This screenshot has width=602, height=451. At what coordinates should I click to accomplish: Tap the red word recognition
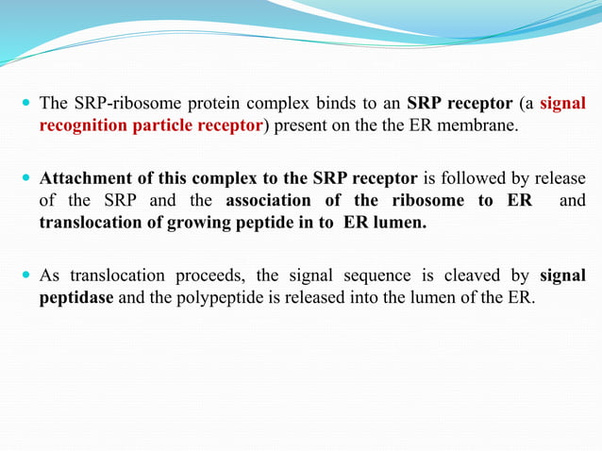(x=81, y=125)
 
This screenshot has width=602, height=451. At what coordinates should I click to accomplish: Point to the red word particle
(x=162, y=125)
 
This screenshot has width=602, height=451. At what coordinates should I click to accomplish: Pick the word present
(x=299, y=125)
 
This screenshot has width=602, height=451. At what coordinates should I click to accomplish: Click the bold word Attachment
(x=88, y=178)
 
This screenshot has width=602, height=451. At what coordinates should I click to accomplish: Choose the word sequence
(x=382, y=276)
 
